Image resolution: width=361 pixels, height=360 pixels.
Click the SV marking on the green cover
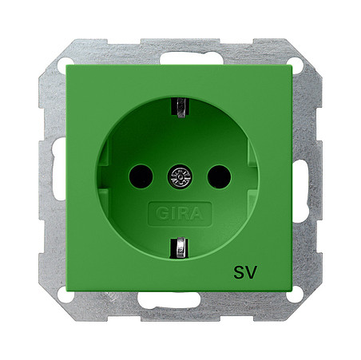coord(244,272)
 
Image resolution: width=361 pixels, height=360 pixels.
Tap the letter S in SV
coord(239,272)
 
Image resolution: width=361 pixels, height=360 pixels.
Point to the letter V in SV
coord(251,272)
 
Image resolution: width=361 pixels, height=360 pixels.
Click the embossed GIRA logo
coord(180,214)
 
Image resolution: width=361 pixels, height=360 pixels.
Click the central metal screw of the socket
coord(180,177)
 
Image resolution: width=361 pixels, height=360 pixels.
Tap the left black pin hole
coord(141,176)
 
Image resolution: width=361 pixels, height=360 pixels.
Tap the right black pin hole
coord(219,176)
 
